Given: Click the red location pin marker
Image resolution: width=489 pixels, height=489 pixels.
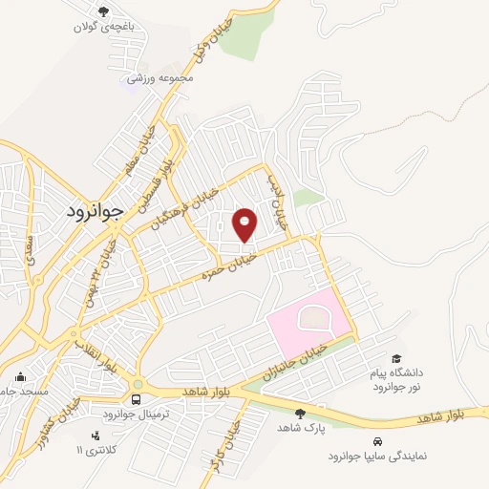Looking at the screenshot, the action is [245, 225].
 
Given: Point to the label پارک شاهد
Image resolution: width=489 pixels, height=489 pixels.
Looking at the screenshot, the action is [307, 429].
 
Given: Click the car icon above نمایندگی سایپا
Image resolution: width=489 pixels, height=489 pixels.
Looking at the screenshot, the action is [378, 442].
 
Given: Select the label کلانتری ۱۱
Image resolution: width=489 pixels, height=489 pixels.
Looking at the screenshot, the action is [110, 448].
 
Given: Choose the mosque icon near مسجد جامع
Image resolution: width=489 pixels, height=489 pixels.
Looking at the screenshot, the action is [20, 376].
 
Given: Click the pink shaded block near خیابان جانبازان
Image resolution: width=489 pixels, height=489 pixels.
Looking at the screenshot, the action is [304, 317].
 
